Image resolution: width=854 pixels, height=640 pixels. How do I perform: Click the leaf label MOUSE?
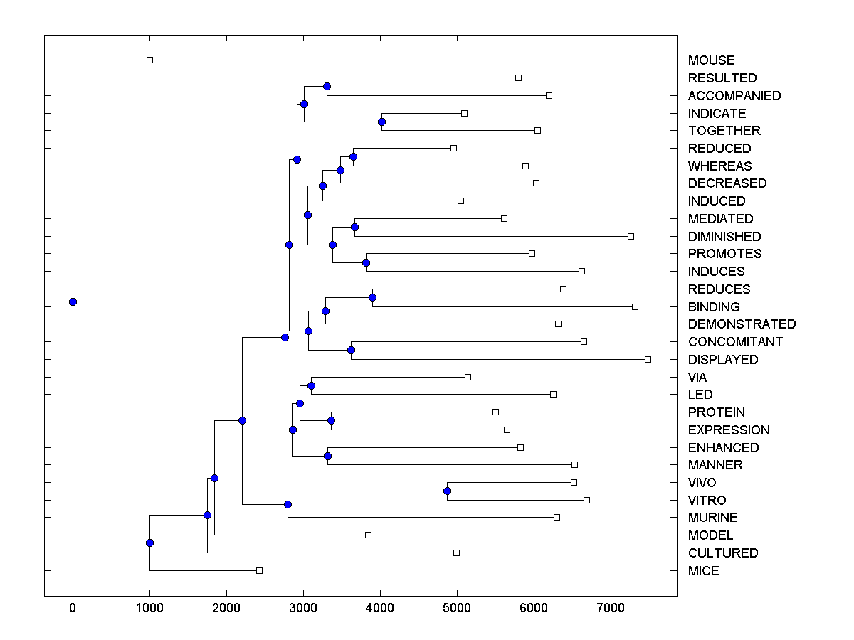tap(711, 60)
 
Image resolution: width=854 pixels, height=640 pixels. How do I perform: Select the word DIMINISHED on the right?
tap(724, 236)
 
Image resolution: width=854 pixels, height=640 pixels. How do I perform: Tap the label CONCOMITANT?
tap(735, 341)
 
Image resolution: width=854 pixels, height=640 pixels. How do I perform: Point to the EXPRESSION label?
tap(729, 430)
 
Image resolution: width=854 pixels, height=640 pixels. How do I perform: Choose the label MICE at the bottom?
tap(703, 570)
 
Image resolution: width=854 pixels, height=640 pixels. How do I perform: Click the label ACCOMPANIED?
tap(734, 95)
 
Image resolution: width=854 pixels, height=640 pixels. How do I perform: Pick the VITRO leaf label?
tap(707, 500)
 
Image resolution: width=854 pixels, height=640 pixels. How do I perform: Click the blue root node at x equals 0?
tap(73, 302)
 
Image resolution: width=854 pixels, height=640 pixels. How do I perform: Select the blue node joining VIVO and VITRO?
tap(447, 491)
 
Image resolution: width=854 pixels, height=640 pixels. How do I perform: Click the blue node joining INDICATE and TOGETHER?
tap(381, 122)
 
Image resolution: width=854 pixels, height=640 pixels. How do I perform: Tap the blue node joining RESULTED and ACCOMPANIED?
tap(327, 86)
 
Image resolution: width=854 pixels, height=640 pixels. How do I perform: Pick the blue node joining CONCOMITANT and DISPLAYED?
tap(351, 350)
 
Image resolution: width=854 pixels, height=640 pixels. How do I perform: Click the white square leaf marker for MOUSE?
tap(149, 60)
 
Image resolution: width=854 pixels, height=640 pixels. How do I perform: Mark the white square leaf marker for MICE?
tap(259, 570)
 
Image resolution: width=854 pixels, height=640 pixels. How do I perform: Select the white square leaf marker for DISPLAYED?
tap(648, 359)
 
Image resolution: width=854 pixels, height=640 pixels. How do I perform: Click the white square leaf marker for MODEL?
tap(368, 535)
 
